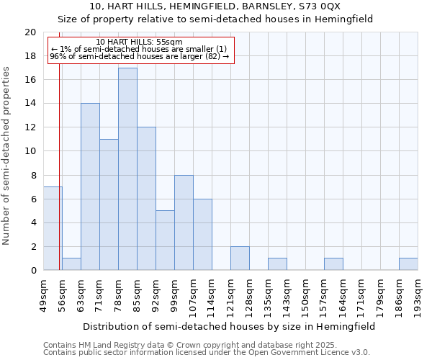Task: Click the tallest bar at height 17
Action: (127, 169)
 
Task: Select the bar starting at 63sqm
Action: (90, 186)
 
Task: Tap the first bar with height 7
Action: (53, 228)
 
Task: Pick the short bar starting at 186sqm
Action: (408, 264)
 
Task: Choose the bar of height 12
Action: (146, 199)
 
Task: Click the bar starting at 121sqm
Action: (240, 258)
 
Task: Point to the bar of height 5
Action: (165, 240)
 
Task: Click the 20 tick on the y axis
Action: (30, 32)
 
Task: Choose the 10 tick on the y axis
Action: (30, 151)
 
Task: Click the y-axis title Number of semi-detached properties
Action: (7, 156)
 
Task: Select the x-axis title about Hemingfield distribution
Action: (229, 326)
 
